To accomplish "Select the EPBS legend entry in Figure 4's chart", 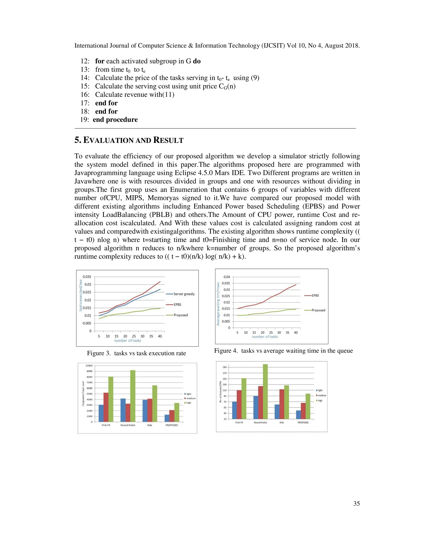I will [315, 296].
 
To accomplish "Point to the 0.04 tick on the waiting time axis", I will [227, 277].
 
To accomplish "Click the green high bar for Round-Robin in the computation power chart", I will [133, 396].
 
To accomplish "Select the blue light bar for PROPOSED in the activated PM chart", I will [298, 414].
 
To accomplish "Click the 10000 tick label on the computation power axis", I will [89, 366].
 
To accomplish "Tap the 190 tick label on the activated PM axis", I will [224, 367].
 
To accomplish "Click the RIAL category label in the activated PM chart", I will [282, 423].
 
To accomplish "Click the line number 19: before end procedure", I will [85, 120].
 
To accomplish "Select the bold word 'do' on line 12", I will [197, 61].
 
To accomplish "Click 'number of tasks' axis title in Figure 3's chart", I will [127, 341].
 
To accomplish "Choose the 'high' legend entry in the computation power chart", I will [189, 403].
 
